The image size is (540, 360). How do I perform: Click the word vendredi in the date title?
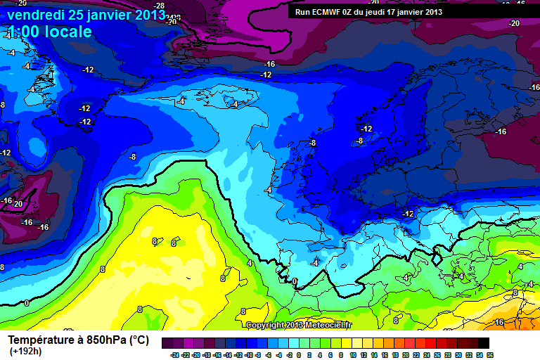[37, 13]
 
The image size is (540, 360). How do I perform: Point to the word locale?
[68, 32]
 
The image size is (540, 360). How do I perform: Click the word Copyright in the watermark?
[265, 325]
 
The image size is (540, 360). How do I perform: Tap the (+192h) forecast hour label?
[25, 352]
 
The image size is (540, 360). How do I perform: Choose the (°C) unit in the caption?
[138, 340]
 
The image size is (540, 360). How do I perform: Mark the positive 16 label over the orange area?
[499, 322]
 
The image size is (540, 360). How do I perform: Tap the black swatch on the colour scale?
[484, 344]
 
